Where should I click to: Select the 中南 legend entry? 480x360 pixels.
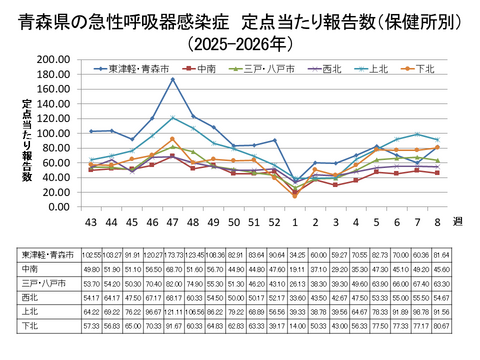click(207, 69)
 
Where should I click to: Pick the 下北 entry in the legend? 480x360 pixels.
click(424, 69)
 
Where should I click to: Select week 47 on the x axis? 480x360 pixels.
click(172, 220)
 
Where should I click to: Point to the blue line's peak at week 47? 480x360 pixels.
click(172, 79)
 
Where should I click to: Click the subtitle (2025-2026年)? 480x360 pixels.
click(240, 43)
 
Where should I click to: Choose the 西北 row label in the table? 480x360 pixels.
click(31, 297)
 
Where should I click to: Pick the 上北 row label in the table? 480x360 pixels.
click(31, 311)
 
